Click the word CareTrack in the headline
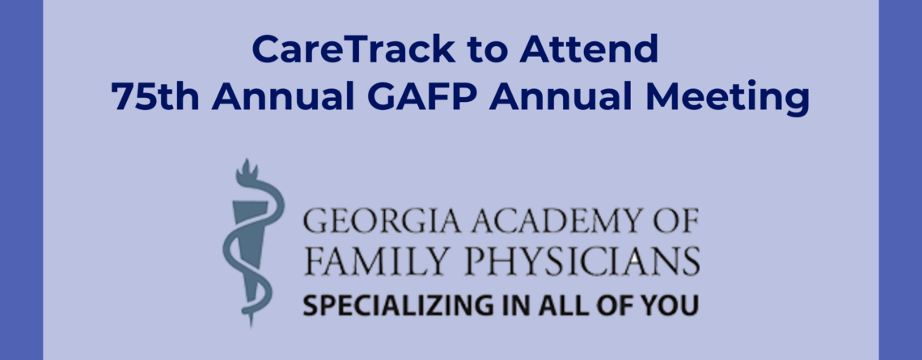point(355,49)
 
